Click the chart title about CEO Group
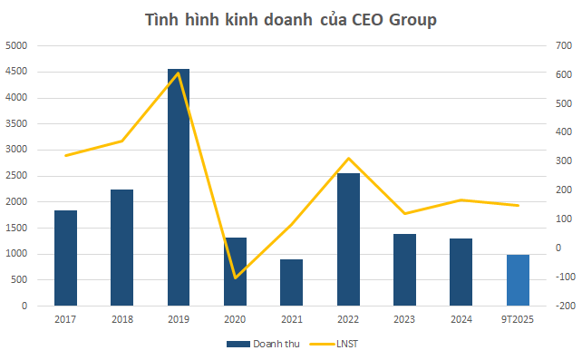coord(291,21)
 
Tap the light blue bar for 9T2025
coord(518,280)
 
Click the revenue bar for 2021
coord(291,283)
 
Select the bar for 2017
coord(65,258)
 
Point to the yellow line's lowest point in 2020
coord(235,277)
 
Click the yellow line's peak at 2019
coord(179,73)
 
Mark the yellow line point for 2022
coord(348,159)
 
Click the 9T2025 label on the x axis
coord(518,319)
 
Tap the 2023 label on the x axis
coord(404,319)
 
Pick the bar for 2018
coord(121,248)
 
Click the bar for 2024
coord(461,272)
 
